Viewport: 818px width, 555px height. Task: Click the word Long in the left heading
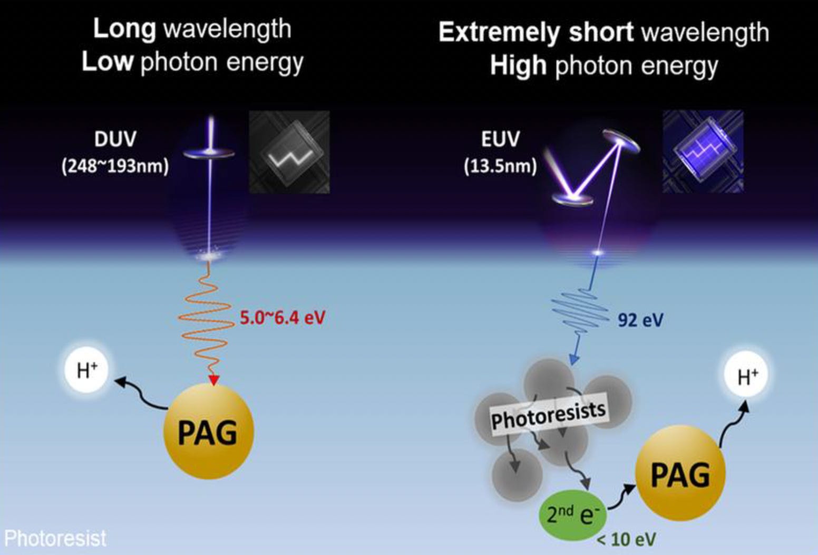pyautogui.click(x=124, y=28)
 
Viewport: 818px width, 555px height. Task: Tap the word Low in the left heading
pyautogui.click(x=107, y=62)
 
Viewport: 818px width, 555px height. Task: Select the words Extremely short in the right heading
pyautogui.click(x=535, y=33)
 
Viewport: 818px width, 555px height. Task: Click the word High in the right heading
pyautogui.click(x=518, y=66)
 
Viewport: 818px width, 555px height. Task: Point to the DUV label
pyautogui.click(x=115, y=139)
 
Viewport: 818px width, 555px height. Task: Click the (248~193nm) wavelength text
pyautogui.click(x=115, y=167)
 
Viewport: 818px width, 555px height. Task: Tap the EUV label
pyautogui.click(x=500, y=139)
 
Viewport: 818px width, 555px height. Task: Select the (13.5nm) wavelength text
pyautogui.click(x=500, y=167)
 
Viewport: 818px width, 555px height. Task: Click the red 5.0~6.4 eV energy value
pyautogui.click(x=283, y=318)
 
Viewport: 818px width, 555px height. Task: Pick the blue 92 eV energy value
pyautogui.click(x=640, y=320)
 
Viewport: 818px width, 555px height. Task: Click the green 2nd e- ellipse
pyautogui.click(x=572, y=514)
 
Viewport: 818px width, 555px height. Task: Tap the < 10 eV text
pyautogui.click(x=627, y=539)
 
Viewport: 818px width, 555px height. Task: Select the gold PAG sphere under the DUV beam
pyautogui.click(x=209, y=432)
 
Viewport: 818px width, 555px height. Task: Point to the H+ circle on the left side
pyautogui.click(x=87, y=370)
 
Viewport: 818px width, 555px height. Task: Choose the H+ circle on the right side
pyautogui.click(x=747, y=377)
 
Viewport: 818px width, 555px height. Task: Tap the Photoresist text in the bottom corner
pyautogui.click(x=55, y=539)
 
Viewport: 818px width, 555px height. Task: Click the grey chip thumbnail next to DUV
pyautogui.click(x=289, y=151)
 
